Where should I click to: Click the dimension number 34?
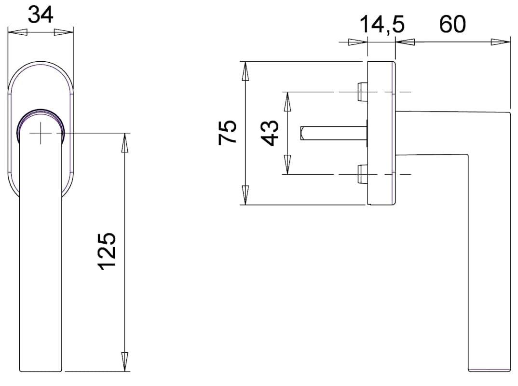(41, 15)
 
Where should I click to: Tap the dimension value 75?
(227, 132)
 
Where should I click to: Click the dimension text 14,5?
(382, 25)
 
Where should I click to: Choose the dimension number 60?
(452, 24)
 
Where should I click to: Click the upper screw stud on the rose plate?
(362, 92)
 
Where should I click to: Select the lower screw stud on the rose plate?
(362, 174)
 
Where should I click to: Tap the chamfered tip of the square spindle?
(302, 133)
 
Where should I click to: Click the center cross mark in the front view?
(41, 133)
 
